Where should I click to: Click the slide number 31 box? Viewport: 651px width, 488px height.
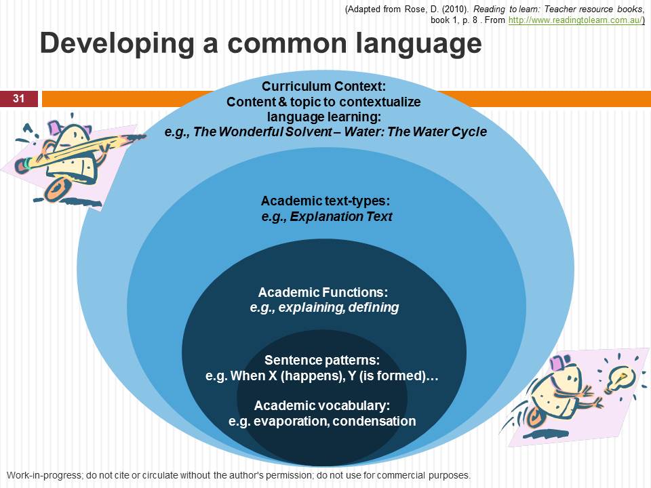pos(19,99)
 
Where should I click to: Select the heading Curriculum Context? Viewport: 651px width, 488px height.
pos(324,86)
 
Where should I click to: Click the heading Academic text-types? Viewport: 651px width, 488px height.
pos(325,201)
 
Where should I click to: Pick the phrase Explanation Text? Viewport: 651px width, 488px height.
pos(341,217)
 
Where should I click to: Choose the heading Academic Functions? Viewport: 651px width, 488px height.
pos(323,292)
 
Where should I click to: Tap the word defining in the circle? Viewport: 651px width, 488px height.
pos(374,308)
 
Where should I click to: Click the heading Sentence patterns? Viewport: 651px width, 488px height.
pos(322,360)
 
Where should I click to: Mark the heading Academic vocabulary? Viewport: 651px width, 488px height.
pos(322,405)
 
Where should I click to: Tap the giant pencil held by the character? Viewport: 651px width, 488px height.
pos(79,150)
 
